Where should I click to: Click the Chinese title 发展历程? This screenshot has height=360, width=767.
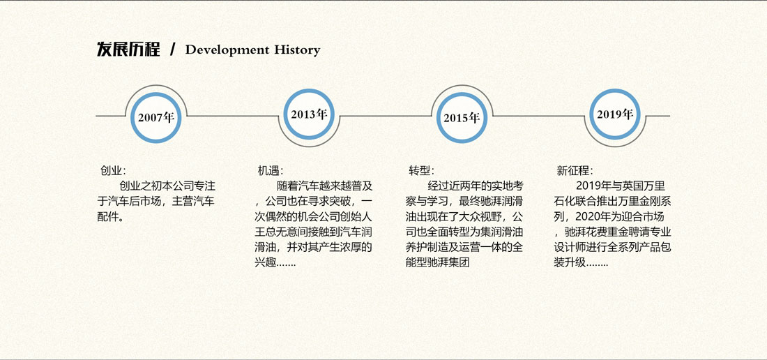pyautogui.click(x=128, y=50)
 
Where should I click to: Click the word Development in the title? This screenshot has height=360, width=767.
pyautogui.click(x=227, y=50)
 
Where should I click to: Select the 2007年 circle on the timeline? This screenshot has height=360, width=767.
pyautogui.click(x=156, y=117)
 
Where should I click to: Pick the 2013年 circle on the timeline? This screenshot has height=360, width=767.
pyautogui.click(x=309, y=114)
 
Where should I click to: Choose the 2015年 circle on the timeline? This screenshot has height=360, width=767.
pyautogui.click(x=462, y=117)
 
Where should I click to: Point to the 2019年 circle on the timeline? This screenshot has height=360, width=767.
pyautogui.click(x=615, y=114)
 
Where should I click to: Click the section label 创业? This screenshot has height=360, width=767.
pyautogui.click(x=113, y=171)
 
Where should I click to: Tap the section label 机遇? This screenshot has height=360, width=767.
pyautogui.click(x=271, y=171)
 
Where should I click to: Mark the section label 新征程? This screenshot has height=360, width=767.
pyautogui.click(x=575, y=171)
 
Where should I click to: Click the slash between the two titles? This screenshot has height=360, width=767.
pyautogui.click(x=172, y=50)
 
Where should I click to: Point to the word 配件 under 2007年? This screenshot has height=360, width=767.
pyautogui.click(x=107, y=217)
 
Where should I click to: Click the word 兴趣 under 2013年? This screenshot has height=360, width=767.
pyautogui.click(x=265, y=262)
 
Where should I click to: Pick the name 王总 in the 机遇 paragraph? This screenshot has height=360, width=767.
pyautogui.click(x=265, y=232)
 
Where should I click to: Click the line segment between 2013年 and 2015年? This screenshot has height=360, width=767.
pyautogui.click(x=385, y=116)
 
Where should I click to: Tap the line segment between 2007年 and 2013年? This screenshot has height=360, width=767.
pyautogui.click(x=233, y=116)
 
